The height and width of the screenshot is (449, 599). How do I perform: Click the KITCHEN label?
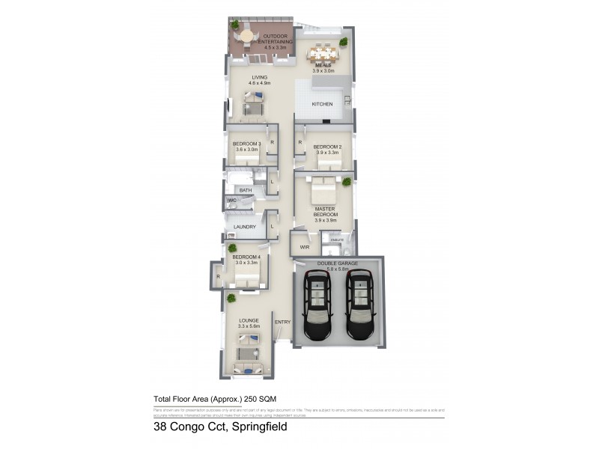(322, 104)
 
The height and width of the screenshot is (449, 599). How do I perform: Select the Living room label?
(259, 77)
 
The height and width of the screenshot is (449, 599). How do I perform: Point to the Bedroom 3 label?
(246, 143)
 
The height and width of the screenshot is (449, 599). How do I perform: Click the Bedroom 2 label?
(327, 146)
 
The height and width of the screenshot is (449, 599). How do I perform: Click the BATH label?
(246, 191)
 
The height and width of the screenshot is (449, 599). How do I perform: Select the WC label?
(232, 201)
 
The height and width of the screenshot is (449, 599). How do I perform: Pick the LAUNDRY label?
(245, 227)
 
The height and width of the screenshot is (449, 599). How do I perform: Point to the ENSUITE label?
(338, 239)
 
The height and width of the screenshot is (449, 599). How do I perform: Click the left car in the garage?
(318, 305)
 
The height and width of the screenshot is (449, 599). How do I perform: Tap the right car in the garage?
(361, 305)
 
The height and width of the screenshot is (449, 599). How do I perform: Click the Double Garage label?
(336, 263)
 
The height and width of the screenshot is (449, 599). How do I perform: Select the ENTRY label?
(282, 323)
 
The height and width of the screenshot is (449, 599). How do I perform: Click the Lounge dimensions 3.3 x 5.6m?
(249, 326)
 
